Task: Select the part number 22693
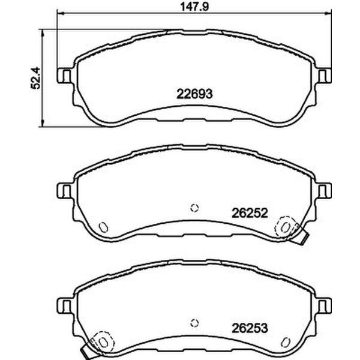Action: point(194,94)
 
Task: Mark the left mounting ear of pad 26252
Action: point(63,191)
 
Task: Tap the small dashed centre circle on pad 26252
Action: point(193,208)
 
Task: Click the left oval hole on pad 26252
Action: point(103,227)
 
